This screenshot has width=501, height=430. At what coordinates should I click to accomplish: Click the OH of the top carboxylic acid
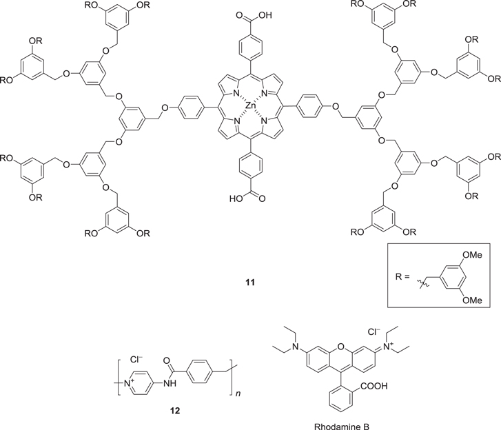point(266,11)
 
